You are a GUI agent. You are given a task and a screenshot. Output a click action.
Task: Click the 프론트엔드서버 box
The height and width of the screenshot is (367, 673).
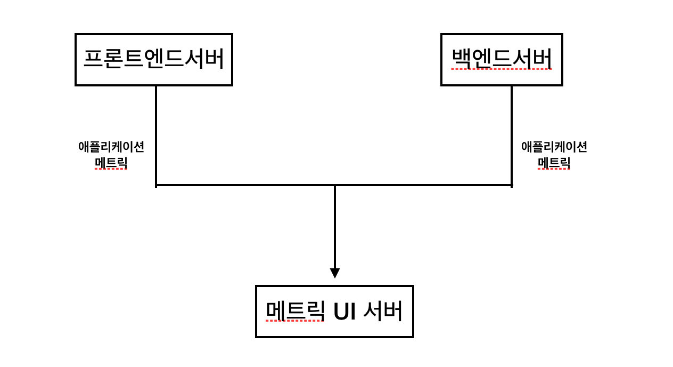[154, 59]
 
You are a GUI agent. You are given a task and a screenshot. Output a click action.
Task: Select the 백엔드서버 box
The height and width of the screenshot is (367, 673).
[502, 59]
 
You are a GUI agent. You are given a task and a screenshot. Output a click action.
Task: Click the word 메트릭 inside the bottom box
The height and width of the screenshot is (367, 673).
[295, 311]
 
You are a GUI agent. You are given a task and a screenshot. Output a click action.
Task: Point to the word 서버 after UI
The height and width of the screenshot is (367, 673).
[383, 311]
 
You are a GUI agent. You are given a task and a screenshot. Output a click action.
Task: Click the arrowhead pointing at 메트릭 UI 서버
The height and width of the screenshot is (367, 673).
[334, 273]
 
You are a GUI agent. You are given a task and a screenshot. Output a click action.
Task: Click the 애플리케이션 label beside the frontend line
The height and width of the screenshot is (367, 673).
[111, 147]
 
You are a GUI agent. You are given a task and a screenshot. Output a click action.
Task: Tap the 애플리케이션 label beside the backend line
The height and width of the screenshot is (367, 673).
[554, 147]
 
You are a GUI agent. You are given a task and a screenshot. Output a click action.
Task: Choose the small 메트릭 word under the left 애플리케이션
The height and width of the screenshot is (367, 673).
[111, 162]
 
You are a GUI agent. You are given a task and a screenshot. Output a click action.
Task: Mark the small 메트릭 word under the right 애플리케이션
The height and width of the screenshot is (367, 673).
[554, 162]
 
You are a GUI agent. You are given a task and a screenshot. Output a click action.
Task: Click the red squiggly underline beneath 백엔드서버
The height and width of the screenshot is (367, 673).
[502, 69]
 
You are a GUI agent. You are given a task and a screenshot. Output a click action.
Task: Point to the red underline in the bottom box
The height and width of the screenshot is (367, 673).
[295, 321]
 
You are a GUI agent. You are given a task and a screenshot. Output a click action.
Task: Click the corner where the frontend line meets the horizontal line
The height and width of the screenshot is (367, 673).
[156, 185]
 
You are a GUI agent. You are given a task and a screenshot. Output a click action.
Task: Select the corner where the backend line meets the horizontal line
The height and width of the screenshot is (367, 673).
[512, 185]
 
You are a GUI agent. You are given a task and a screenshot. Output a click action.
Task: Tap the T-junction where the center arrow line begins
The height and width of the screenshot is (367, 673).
[334, 185]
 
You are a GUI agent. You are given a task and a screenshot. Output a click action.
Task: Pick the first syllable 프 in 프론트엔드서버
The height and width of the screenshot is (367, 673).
[93, 59]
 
